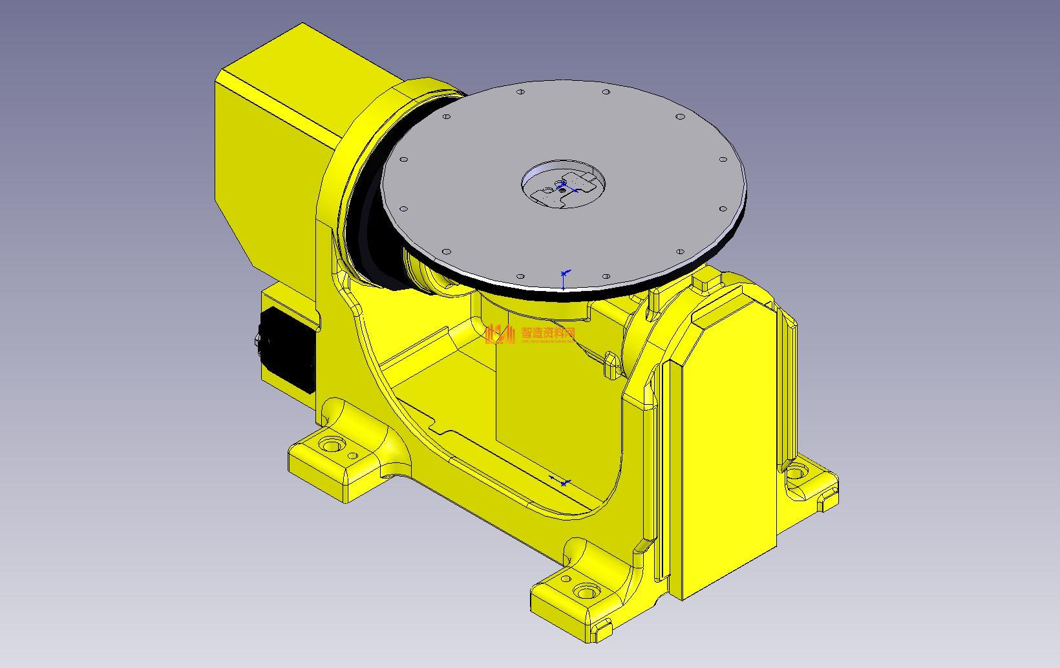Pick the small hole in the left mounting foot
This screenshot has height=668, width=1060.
tap(353, 456)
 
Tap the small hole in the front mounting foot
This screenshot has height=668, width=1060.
tap(566, 579)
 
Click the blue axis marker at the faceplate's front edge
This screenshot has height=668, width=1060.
tap(564, 279)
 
